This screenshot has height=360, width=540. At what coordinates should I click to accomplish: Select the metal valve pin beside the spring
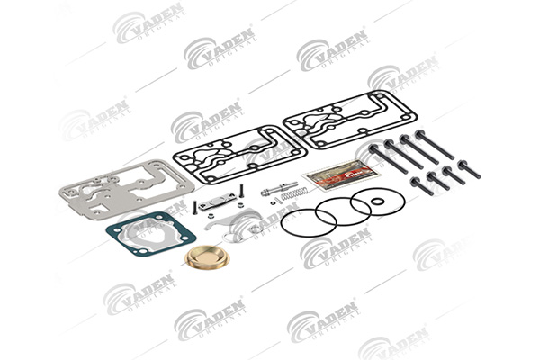pyautogui.click(x=270, y=191)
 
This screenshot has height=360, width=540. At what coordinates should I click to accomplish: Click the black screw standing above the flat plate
pyautogui.click(x=243, y=193)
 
